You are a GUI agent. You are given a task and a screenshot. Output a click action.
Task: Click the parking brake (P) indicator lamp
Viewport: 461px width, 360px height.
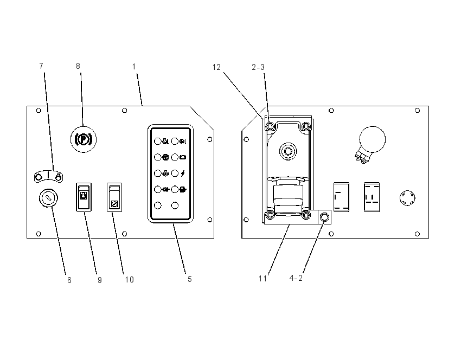[x=84, y=139]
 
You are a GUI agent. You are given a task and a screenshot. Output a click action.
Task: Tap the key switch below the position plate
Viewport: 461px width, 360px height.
[x=48, y=198]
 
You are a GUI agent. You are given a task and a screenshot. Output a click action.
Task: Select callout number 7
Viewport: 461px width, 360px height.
[x=41, y=66]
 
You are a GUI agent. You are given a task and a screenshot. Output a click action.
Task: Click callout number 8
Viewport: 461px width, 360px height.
[x=78, y=66]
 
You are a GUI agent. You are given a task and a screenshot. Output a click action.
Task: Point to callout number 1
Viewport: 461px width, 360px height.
[x=134, y=67]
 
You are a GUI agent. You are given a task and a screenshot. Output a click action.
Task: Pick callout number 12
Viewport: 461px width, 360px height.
[x=216, y=67]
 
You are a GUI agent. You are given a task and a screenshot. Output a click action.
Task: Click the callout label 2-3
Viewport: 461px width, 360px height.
[x=258, y=67]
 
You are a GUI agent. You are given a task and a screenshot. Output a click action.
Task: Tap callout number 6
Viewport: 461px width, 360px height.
[x=69, y=280]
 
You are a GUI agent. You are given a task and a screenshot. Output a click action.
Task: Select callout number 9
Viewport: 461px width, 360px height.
[x=100, y=280]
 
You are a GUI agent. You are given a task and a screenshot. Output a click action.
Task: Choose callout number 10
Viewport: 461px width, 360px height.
[x=130, y=279]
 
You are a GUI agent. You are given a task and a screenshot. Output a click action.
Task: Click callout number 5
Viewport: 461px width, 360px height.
[x=190, y=279]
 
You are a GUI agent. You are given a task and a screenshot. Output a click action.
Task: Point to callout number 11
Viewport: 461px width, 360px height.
[x=263, y=278]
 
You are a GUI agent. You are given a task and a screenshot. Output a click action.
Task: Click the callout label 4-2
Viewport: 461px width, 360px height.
[x=296, y=278]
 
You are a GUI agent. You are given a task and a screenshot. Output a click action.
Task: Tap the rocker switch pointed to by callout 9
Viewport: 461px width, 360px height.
[x=84, y=197]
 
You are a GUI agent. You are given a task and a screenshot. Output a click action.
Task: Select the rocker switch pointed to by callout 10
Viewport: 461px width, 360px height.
[x=114, y=197]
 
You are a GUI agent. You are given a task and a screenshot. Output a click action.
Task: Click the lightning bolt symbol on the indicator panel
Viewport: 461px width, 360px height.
[x=183, y=173]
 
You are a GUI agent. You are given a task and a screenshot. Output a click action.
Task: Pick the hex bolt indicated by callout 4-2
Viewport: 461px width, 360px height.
[x=324, y=217]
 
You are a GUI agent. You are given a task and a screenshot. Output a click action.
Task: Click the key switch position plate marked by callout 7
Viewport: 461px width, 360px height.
[x=48, y=176]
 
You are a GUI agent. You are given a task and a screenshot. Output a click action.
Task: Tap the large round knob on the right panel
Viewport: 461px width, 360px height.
[x=372, y=139]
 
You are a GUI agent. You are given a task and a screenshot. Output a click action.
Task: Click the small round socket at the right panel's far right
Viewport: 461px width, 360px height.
[x=407, y=198]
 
